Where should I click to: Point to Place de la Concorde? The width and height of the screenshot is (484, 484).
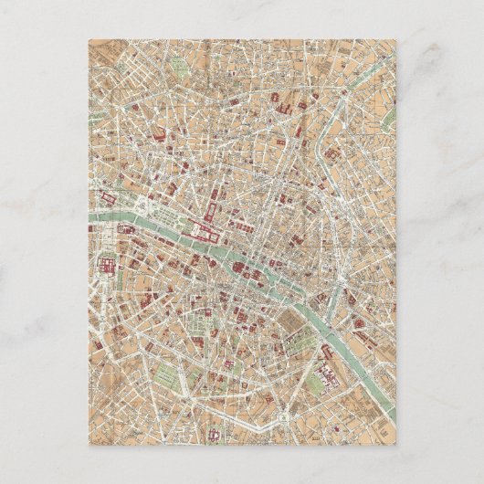145,208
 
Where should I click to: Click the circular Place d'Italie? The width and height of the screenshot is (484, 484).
282,416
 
